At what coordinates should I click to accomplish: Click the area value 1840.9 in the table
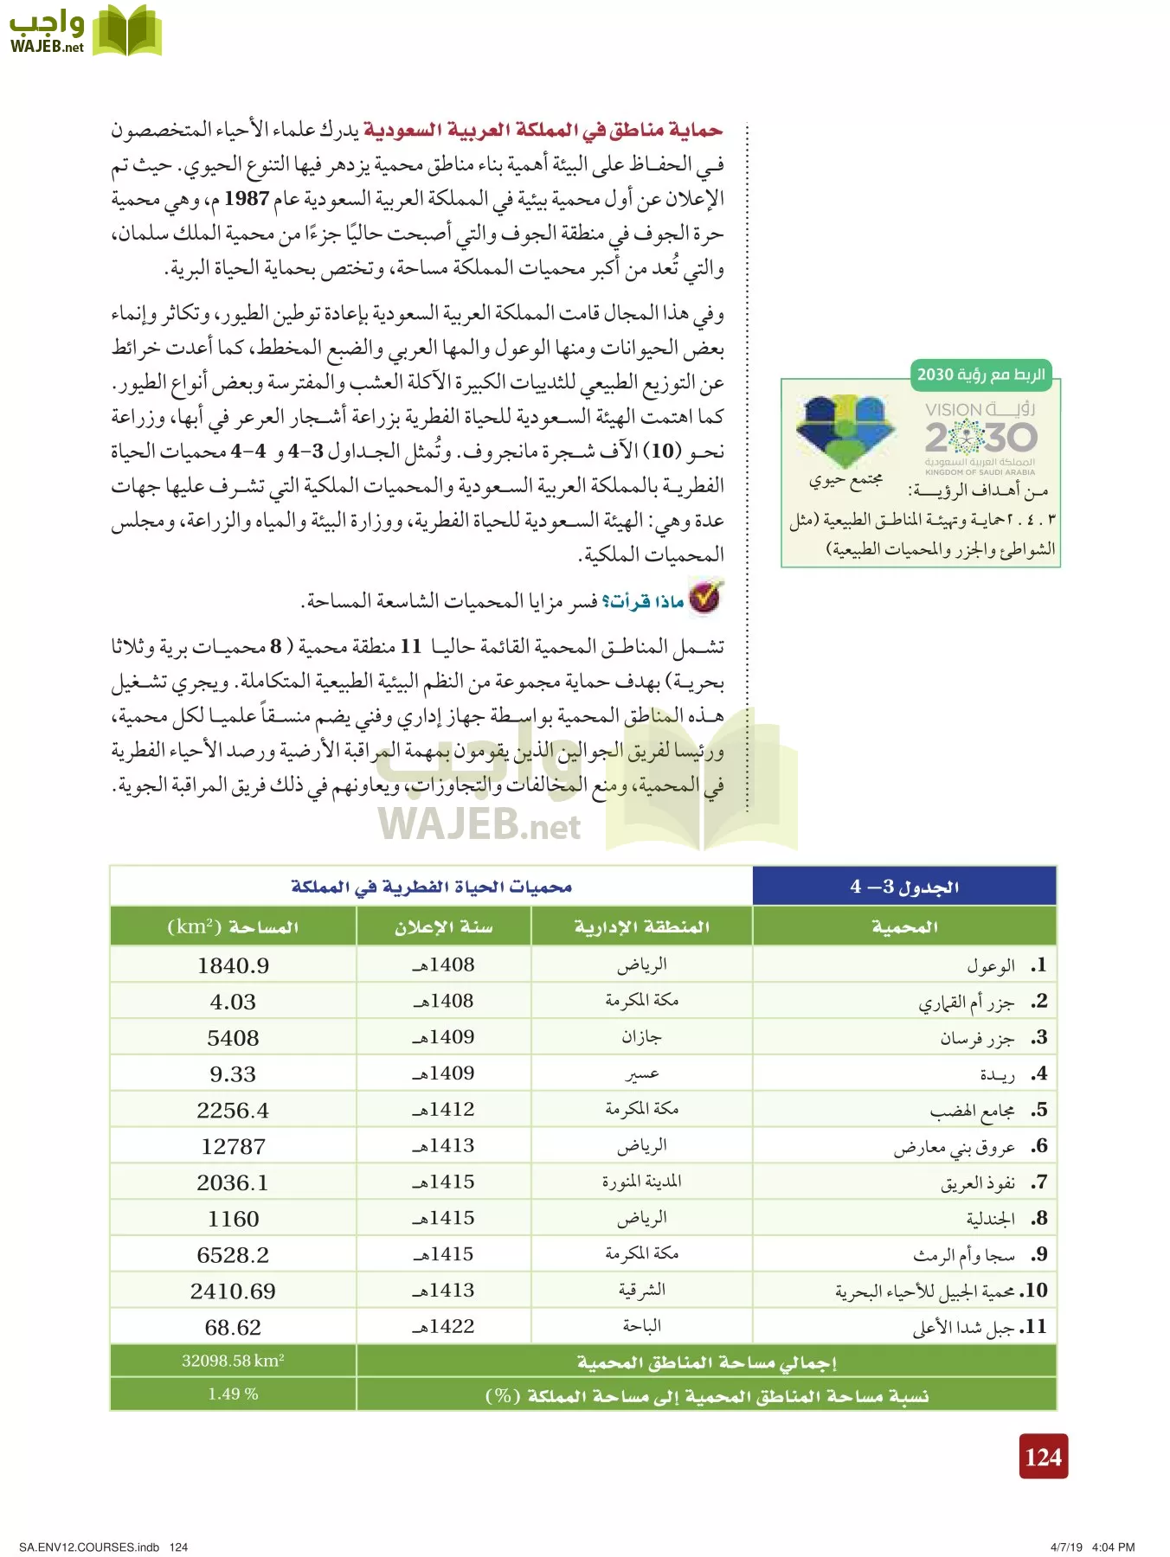233,965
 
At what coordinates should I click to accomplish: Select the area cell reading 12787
233,1146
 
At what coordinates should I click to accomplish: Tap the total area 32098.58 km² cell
233,1361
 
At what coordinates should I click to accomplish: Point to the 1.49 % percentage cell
233,1394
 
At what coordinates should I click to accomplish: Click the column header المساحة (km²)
233,927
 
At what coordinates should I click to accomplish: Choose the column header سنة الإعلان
443,927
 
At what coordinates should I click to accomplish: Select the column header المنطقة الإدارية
641,927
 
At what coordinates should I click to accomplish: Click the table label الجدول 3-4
904,887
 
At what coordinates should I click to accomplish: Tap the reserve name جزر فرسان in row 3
977,1038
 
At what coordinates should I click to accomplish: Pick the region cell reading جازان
641,1037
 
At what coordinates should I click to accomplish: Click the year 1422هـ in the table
443,1326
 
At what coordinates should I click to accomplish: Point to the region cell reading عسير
641,1073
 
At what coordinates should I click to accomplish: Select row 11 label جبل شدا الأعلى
962,1327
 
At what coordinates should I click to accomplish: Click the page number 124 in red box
1043,1458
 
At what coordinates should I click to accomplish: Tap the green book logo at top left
126,32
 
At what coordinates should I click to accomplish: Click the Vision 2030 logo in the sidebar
980,437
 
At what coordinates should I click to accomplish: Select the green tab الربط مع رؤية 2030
980,375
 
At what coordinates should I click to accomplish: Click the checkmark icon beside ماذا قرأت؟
705,597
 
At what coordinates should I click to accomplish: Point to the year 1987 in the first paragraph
247,198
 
